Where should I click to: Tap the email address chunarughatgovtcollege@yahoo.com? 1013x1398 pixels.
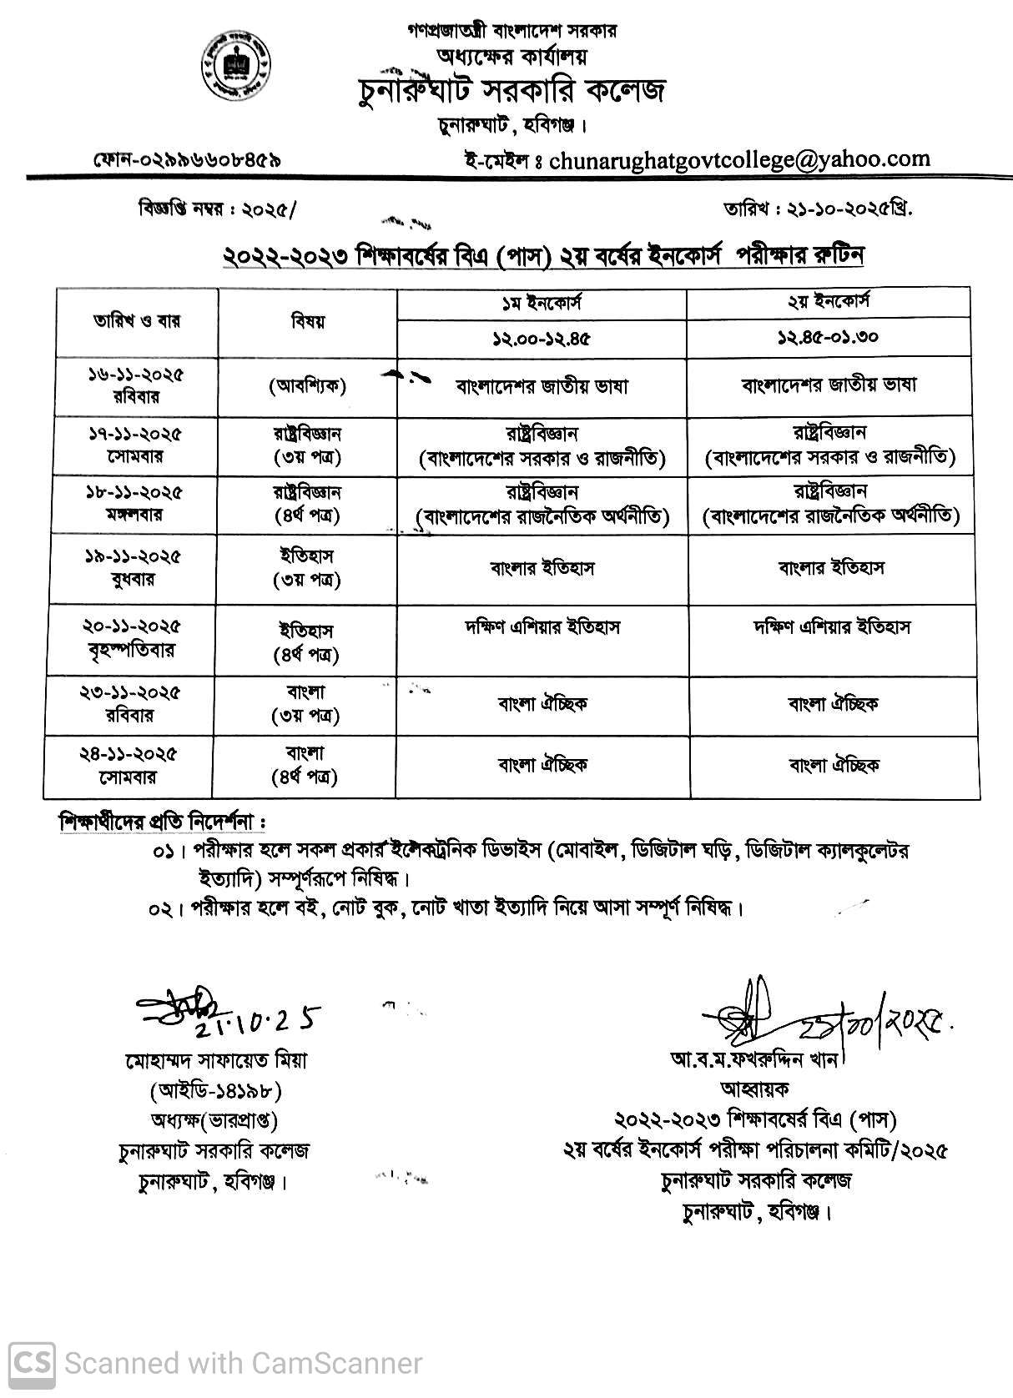(x=739, y=158)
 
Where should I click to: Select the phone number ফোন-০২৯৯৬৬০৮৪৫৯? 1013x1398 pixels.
(x=187, y=158)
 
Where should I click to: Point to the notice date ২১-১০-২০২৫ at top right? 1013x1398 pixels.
(x=846, y=210)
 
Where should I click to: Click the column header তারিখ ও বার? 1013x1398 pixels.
(x=137, y=321)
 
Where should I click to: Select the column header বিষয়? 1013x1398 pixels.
(x=307, y=321)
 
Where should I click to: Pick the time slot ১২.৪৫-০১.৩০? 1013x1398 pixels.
(x=829, y=339)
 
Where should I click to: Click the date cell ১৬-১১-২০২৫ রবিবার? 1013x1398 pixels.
(x=136, y=386)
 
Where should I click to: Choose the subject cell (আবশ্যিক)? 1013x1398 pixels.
(x=307, y=386)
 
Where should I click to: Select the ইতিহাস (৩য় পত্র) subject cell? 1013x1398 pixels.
(x=307, y=567)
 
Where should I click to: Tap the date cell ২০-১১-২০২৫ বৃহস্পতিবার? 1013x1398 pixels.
(x=133, y=638)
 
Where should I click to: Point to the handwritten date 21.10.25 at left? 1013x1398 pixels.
(x=267, y=1019)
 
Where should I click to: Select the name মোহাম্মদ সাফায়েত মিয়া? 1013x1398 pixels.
(x=216, y=1060)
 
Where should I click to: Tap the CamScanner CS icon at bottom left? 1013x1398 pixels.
(x=29, y=1363)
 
